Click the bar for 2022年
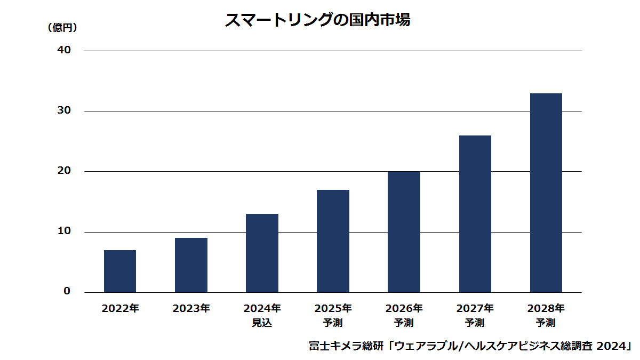click(120, 271)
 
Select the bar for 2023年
click(191, 265)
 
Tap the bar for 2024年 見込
click(262, 253)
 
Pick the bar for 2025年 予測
click(333, 241)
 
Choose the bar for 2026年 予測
click(404, 232)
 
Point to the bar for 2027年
click(475, 214)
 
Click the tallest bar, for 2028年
click(546, 193)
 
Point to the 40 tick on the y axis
click(64, 50)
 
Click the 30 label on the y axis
click(64, 110)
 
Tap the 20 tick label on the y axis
click(64, 171)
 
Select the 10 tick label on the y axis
click(64, 231)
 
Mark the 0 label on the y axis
click(67, 291)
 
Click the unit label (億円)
click(62, 28)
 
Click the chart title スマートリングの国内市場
click(318, 20)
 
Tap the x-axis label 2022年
click(121, 309)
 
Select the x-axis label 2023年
click(191, 309)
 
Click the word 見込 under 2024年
click(262, 323)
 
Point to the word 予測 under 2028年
click(546, 323)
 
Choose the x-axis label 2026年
click(404, 309)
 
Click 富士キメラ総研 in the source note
click(346, 346)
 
